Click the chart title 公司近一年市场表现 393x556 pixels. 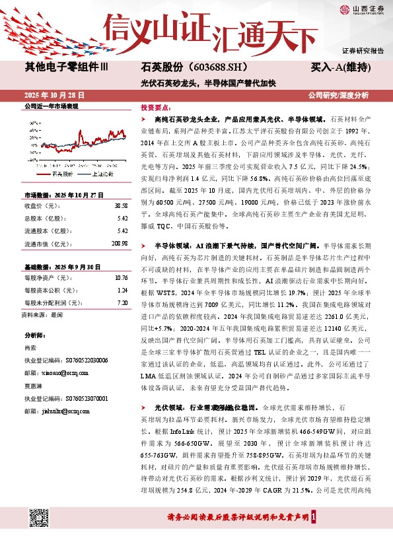51,106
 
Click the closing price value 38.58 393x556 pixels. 120,205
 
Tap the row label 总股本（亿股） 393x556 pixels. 48,218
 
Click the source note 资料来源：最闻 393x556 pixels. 43,315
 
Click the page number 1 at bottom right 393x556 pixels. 321,517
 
